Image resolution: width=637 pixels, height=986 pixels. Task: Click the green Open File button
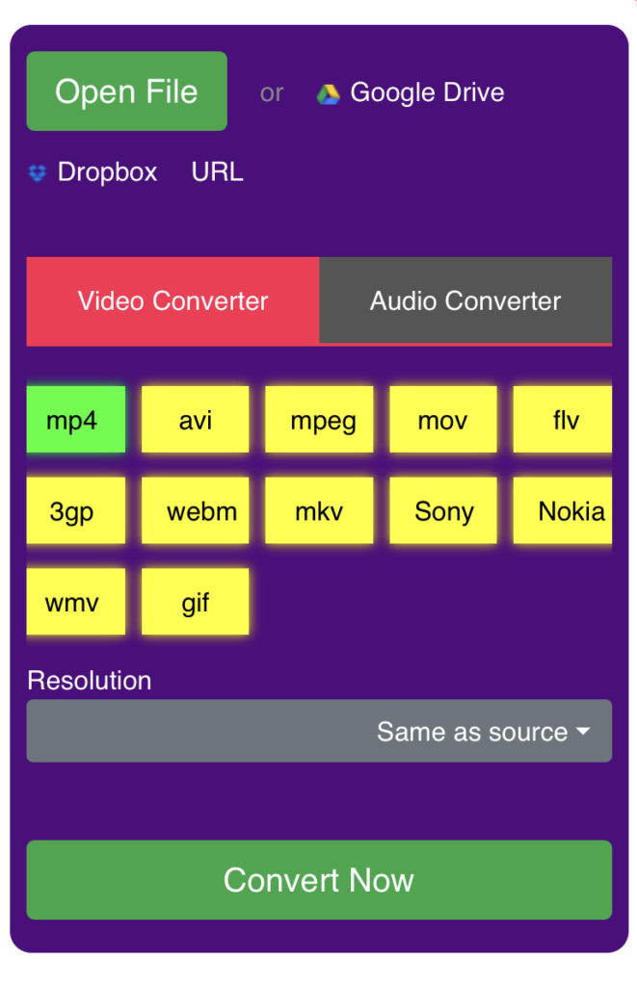pyautogui.click(x=126, y=91)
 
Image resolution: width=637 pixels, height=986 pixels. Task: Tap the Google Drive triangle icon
pyautogui.click(x=328, y=93)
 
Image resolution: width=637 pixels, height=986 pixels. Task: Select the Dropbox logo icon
pyautogui.click(x=38, y=172)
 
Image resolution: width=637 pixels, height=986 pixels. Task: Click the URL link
pyautogui.click(x=217, y=171)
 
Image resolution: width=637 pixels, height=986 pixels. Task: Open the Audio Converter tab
pyautogui.click(x=465, y=300)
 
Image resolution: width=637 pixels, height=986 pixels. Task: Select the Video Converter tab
pyautogui.click(x=173, y=300)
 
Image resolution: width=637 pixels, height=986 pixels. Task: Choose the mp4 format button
pyautogui.click(x=75, y=420)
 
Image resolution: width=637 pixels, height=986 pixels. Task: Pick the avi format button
pyautogui.click(x=195, y=420)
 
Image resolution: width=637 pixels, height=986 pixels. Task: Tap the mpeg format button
pyautogui.click(x=319, y=420)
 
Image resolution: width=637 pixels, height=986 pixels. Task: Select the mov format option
pyautogui.click(x=443, y=420)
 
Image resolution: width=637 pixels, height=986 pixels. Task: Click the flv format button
pyautogui.click(x=563, y=420)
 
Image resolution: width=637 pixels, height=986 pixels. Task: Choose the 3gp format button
pyautogui.click(x=75, y=510)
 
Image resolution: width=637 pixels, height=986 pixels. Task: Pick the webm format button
pyautogui.click(x=195, y=510)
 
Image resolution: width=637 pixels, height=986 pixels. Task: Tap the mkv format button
pyautogui.click(x=319, y=510)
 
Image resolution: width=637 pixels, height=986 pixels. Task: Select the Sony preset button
pyautogui.click(x=443, y=510)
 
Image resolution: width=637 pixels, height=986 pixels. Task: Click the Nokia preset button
pyautogui.click(x=563, y=510)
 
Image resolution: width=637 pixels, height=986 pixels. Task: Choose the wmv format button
pyautogui.click(x=75, y=601)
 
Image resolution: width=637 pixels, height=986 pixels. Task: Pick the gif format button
pyautogui.click(x=195, y=601)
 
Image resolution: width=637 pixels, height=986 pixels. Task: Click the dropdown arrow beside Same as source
pyautogui.click(x=583, y=732)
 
